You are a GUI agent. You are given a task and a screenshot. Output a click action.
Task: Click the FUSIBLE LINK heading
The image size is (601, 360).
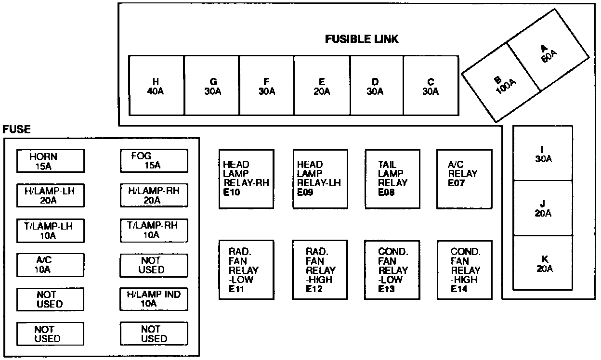click(x=362, y=39)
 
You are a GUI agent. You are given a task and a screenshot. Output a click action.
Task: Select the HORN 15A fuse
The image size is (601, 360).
click(x=50, y=161)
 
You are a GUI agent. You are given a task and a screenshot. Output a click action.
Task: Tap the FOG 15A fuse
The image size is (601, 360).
click(x=154, y=161)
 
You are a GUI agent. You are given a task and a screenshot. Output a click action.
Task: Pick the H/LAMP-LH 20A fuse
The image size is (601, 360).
click(x=50, y=195)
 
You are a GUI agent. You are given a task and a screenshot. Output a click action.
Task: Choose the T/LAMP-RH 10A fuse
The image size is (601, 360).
click(x=154, y=230)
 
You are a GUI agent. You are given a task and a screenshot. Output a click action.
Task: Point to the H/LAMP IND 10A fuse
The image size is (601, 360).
click(x=154, y=298)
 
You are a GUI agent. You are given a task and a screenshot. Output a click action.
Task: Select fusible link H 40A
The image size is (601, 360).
click(x=156, y=86)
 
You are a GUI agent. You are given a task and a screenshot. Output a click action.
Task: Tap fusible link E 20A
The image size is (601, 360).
click(x=322, y=86)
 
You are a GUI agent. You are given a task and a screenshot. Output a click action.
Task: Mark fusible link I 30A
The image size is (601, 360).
click(x=543, y=154)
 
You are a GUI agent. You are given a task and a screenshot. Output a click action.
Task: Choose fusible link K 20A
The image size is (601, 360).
click(x=543, y=263)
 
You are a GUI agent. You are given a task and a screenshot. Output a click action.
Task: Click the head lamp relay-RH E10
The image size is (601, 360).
click(x=246, y=179)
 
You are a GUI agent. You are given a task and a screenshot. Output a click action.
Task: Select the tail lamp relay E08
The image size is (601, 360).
click(x=392, y=179)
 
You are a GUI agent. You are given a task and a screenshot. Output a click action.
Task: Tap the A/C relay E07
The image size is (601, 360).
click(x=464, y=179)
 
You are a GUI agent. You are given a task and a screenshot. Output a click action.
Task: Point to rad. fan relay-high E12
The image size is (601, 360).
click(x=320, y=270)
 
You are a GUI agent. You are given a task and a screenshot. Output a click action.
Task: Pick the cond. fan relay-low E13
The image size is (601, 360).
click(x=392, y=270)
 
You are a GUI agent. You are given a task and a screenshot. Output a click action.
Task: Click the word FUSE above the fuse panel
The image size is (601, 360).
click(x=17, y=129)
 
